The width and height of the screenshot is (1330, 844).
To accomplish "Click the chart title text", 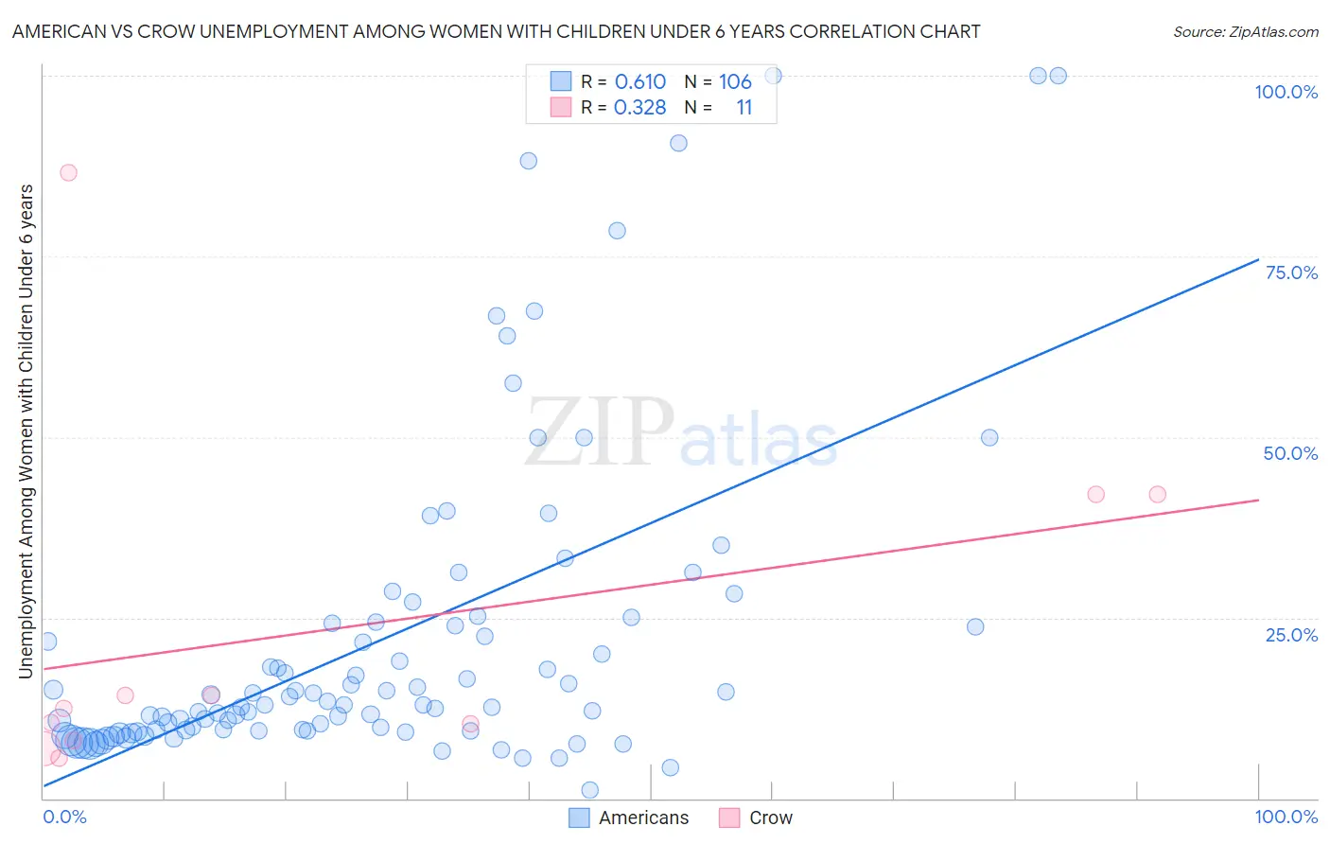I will tap(496, 31).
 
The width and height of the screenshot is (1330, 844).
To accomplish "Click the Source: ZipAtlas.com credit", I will tap(1245, 31).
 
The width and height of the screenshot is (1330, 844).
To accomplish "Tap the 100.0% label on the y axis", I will tap(1286, 92).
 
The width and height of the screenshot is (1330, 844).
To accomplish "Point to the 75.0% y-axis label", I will tap(1291, 273).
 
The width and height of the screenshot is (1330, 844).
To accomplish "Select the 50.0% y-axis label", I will tap(1290, 453).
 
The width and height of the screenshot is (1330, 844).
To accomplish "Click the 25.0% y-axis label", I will tap(1291, 635).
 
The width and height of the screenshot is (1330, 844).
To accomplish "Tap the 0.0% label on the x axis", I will tap(64, 817).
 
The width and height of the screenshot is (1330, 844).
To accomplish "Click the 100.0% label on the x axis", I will tap(1286, 817).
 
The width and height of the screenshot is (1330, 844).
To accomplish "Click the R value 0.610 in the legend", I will tap(640, 81).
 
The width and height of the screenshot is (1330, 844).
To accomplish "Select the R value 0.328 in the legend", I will tap(640, 108).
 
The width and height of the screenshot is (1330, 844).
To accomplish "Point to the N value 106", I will tap(735, 81).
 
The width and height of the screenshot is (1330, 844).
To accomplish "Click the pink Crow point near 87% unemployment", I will tap(68, 172).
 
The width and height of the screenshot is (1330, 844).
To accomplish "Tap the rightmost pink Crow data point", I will tap(1157, 494).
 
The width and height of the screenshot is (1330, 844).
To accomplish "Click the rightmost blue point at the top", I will tap(1059, 76).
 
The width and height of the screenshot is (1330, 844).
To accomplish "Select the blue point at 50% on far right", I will tap(989, 437).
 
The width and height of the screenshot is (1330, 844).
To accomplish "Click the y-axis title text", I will tap(26, 431).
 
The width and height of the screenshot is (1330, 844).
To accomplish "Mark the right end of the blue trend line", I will tap(1258, 259).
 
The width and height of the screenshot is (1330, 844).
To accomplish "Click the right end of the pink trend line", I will tap(1258, 500).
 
